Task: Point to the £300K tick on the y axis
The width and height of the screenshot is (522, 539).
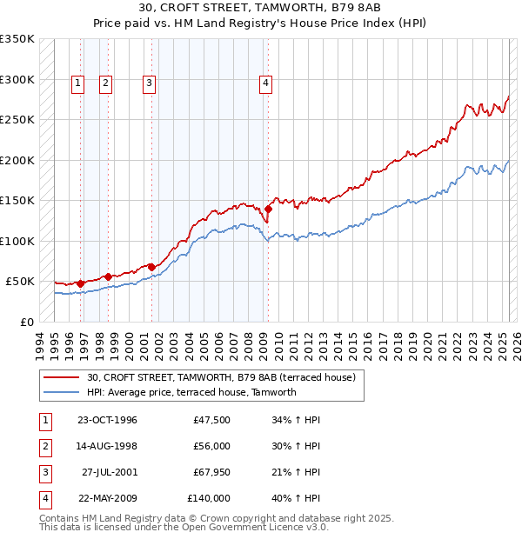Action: coord(17,79)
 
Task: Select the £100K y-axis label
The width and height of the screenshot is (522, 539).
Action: coord(17,241)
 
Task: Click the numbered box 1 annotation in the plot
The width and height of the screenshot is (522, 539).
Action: coord(77,83)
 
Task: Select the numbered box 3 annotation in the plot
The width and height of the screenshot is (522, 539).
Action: coord(150,83)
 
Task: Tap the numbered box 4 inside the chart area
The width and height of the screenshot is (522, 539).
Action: coord(264,83)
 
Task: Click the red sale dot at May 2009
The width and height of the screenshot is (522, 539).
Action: coord(269,209)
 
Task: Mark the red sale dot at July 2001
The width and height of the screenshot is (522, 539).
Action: coord(151,267)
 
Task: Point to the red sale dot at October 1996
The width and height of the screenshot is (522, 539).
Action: coord(81,283)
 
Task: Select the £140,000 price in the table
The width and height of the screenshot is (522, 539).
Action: coord(209,498)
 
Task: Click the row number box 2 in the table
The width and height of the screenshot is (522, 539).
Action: coord(43,446)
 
